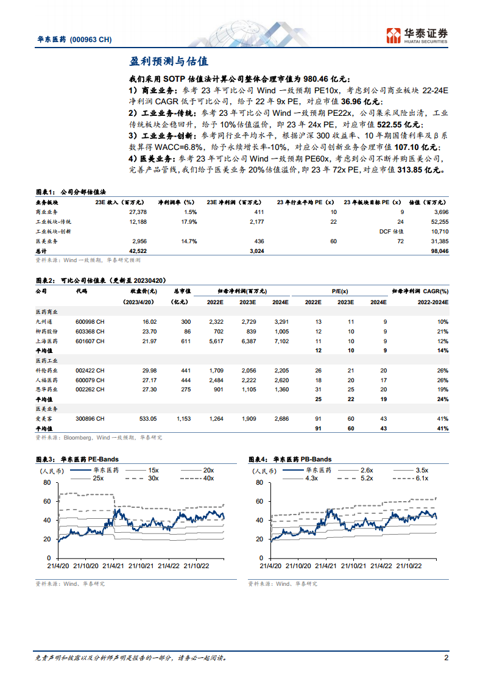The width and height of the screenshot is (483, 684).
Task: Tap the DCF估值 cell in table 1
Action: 392,232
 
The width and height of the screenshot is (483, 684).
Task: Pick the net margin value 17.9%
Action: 188,221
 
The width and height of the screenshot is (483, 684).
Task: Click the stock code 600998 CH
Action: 90,321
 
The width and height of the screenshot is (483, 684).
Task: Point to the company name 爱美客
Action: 45,419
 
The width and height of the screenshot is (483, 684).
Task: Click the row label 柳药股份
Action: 48,331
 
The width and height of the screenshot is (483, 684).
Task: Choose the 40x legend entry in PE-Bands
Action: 209,479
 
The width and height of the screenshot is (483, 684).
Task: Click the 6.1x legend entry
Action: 421,479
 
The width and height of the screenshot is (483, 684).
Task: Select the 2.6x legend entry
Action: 366,471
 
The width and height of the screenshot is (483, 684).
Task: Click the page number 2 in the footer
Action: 446,658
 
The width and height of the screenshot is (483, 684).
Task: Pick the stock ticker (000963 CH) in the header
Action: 90,39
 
